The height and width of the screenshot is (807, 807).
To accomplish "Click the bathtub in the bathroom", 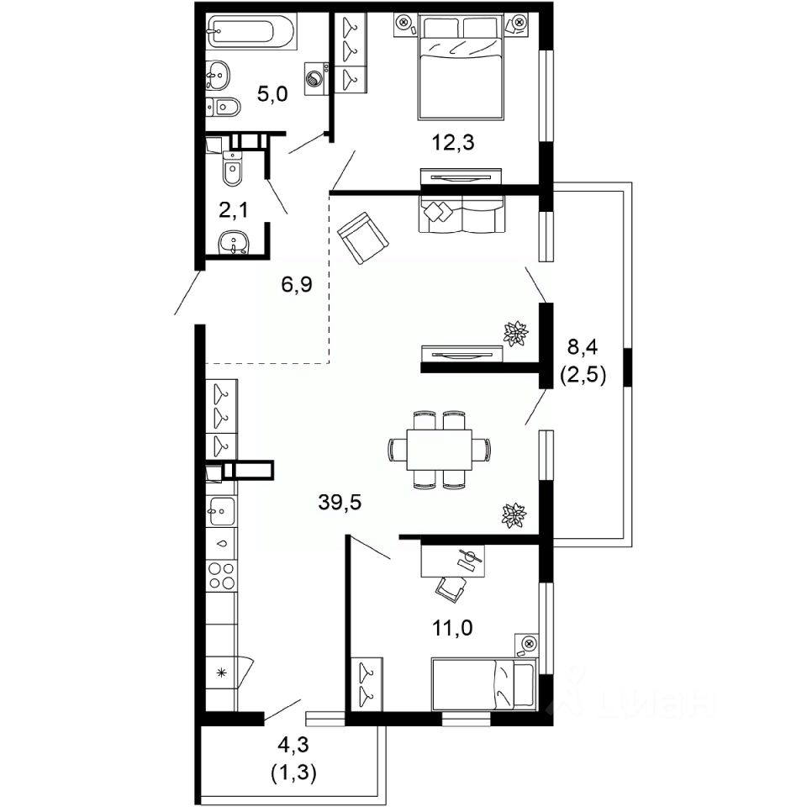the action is point(251,32).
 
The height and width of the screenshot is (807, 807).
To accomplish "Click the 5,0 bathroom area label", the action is point(272,94).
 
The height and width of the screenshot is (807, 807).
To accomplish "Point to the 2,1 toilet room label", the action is point(233,209).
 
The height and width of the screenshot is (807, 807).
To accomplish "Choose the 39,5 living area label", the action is point(340,503).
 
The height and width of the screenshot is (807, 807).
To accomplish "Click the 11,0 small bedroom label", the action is point(453,628).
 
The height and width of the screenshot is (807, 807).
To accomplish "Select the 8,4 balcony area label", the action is point(582,347).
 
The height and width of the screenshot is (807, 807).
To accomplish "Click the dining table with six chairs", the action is point(439,449).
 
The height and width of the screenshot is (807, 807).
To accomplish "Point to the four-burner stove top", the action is point(221,575).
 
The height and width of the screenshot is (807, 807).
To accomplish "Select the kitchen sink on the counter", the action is point(221,510).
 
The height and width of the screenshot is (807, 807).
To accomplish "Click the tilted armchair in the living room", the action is point(363,238).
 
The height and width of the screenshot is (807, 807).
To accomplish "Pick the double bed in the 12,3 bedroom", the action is point(461,67).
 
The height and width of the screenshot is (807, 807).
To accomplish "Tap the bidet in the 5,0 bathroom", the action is point(223,107).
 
